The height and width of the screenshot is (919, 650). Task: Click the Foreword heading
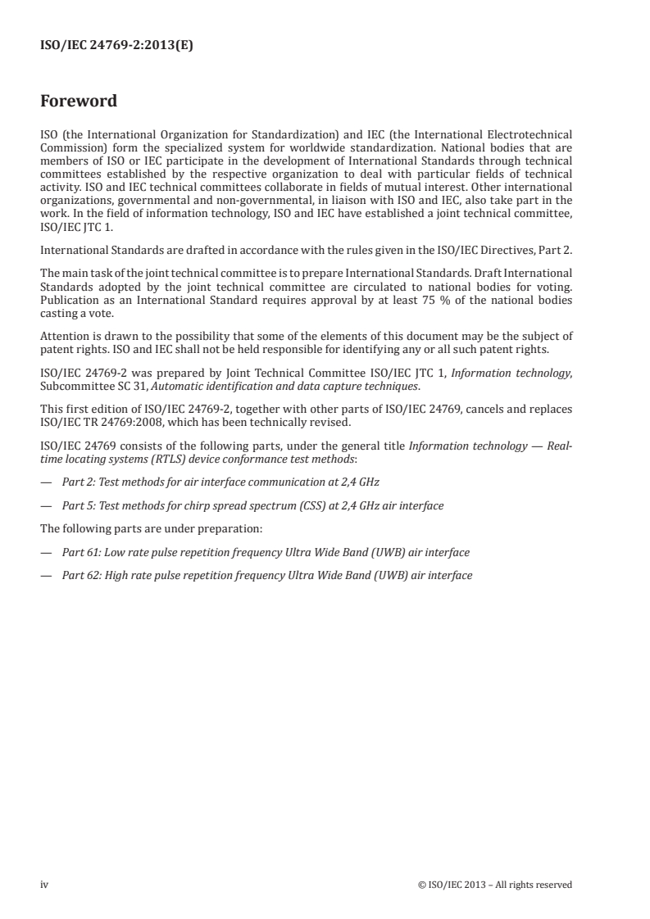(x=79, y=102)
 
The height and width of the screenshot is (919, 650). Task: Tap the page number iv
(x=44, y=884)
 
